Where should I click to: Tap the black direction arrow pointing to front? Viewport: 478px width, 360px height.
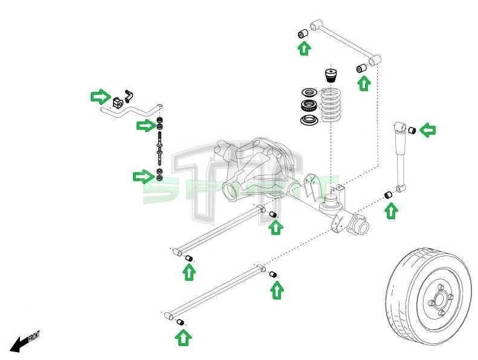pyautogui.click(x=20, y=345)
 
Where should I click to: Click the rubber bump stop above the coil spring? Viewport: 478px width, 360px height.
pyautogui.click(x=331, y=76)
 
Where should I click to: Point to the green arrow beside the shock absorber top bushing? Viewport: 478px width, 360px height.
pyautogui.click(x=428, y=129)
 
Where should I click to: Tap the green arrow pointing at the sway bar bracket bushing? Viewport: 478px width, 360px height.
pyautogui.click(x=100, y=97)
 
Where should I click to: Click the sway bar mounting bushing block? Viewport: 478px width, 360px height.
pyautogui.click(x=117, y=101)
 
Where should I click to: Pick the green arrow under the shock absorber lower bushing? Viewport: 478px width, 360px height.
pyautogui.click(x=391, y=210)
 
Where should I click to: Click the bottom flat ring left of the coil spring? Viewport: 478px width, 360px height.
pyautogui.click(x=309, y=120)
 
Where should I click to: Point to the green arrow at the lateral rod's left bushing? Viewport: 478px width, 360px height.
pyautogui.click(x=305, y=47)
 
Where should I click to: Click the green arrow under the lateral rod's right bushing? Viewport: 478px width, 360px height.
pyautogui.click(x=363, y=83)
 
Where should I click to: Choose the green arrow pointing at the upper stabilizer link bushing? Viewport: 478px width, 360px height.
pyautogui.click(x=146, y=125)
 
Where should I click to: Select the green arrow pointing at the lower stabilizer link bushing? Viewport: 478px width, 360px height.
pyautogui.click(x=143, y=176)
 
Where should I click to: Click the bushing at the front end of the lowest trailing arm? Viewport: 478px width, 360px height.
pyautogui.click(x=179, y=323)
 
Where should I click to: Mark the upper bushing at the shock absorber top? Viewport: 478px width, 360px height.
pyautogui.click(x=412, y=129)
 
